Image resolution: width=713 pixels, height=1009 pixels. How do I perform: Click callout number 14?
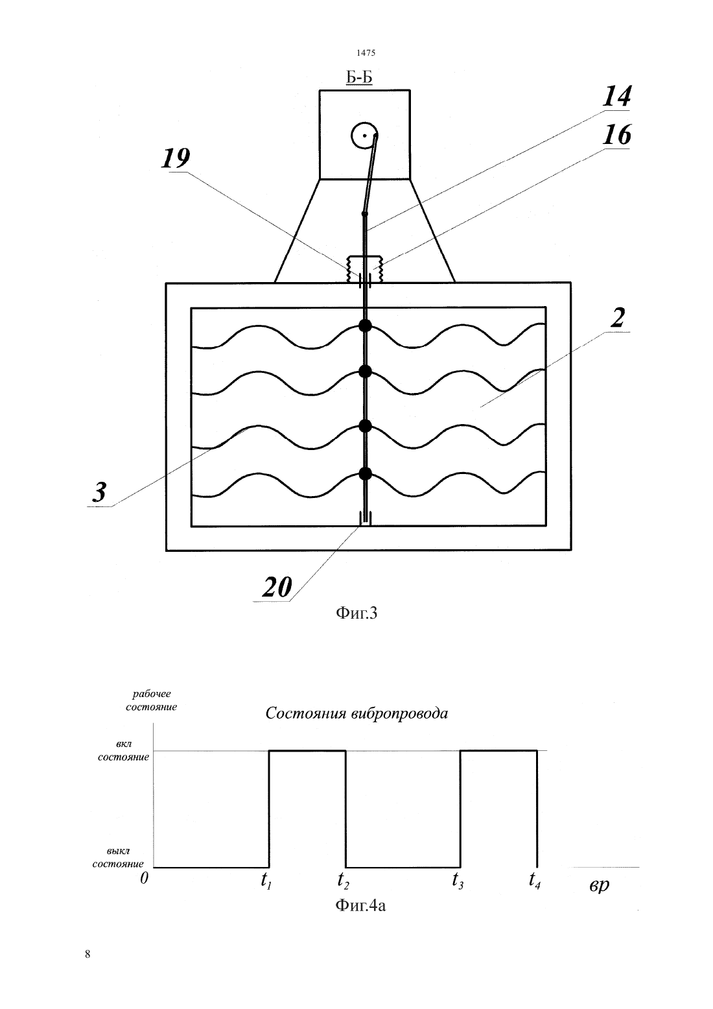pos(616,97)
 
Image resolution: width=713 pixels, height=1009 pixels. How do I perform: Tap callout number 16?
pos(616,135)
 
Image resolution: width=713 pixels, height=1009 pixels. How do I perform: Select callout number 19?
pos(176,159)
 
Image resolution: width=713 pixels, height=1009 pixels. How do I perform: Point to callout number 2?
pos(618,318)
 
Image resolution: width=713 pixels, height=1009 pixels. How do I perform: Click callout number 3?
pos(99,492)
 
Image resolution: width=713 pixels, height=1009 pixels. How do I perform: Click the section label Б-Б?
pos(358,77)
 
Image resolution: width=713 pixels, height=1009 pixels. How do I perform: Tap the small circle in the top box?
pos(364,135)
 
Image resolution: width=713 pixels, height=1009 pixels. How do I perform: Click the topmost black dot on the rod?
pos(365,326)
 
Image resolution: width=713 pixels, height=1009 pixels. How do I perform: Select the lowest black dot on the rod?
pos(365,473)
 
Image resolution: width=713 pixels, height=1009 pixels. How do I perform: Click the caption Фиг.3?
pos(356,613)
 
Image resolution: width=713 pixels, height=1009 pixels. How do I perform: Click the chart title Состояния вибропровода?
pos(356,713)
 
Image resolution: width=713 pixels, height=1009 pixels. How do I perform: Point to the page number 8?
pos(88,954)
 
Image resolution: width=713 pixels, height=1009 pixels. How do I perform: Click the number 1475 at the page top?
pos(366,53)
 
